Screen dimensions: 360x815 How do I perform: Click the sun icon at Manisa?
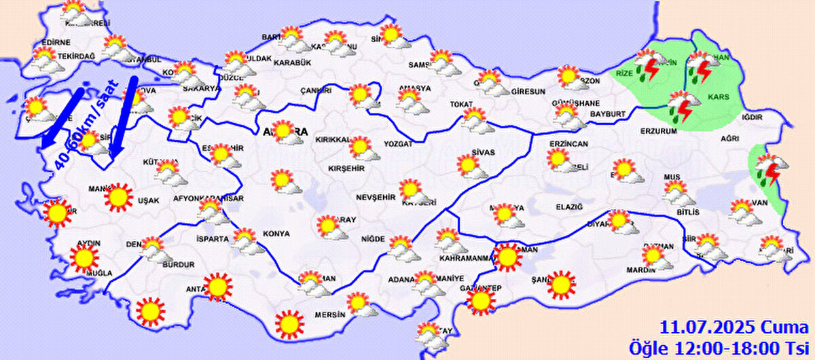(119, 196)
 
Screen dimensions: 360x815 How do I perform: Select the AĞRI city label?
(729, 139)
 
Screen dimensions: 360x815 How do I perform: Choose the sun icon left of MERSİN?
(289, 324)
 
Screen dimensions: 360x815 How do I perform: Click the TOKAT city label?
(460, 105)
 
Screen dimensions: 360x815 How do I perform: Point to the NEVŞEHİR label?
(376, 197)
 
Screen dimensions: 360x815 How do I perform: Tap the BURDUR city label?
(179, 265)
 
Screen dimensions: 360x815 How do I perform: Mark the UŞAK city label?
(147, 201)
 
